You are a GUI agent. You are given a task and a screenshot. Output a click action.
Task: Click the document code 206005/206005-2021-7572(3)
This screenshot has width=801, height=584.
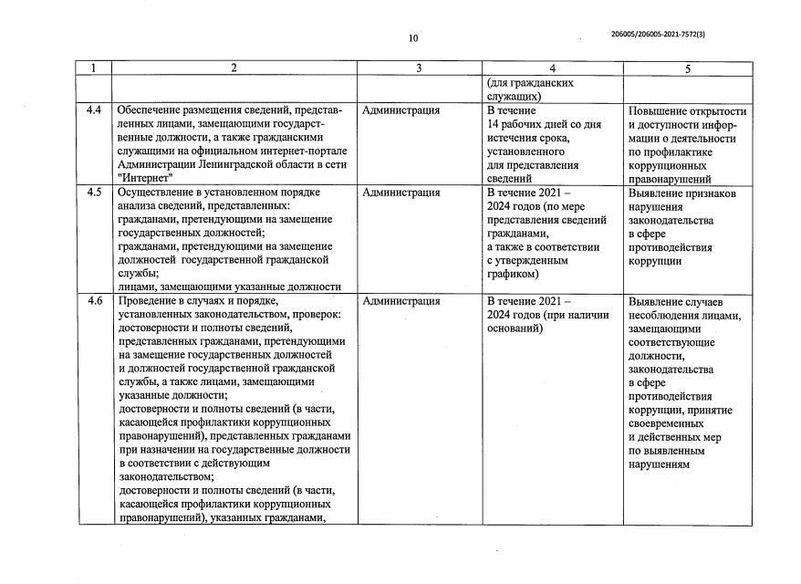pyautogui.click(x=671, y=34)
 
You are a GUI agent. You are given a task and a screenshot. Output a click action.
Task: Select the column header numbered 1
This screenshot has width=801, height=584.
pyautogui.click(x=94, y=68)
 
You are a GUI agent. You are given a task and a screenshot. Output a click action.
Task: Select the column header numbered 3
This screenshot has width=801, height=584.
pyautogui.click(x=418, y=68)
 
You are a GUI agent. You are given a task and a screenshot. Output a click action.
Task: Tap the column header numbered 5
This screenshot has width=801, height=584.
pyautogui.click(x=688, y=68)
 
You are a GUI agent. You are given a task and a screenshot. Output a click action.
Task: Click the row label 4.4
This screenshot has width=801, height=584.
pyautogui.click(x=94, y=110)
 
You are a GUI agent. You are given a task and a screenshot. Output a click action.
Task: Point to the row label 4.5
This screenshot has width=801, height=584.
pyautogui.click(x=94, y=193)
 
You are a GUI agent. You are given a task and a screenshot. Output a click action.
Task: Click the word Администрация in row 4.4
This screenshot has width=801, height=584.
pyautogui.click(x=400, y=110)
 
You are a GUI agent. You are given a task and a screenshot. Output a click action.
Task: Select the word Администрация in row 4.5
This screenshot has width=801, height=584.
pyautogui.click(x=400, y=193)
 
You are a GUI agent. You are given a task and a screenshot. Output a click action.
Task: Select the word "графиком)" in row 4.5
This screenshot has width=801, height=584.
pyautogui.click(x=514, y=273)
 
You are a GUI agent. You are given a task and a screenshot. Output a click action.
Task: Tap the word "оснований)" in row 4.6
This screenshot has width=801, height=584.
pyautogui.click(x=516, y=328)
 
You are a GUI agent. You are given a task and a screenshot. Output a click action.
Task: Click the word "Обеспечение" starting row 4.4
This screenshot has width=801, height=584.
pyautogui.click(x=154, y=110)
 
